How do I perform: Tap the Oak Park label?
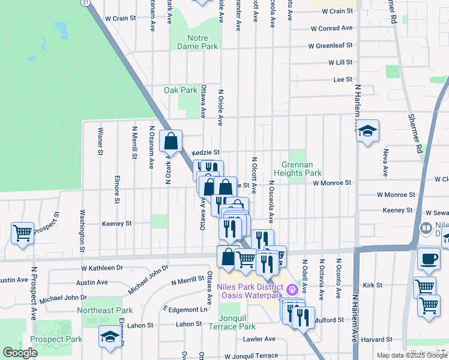click(181, 91)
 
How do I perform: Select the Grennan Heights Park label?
click(302, 169)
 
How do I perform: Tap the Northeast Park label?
click(104, 310)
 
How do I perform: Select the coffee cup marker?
click(429, 259)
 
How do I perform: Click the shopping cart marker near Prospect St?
click(23, 232)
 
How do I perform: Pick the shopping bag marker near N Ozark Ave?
click(171, 142)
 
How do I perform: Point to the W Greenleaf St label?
click(330, 46)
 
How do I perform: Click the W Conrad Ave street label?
click(331, 28)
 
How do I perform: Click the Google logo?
click(20, 353)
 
